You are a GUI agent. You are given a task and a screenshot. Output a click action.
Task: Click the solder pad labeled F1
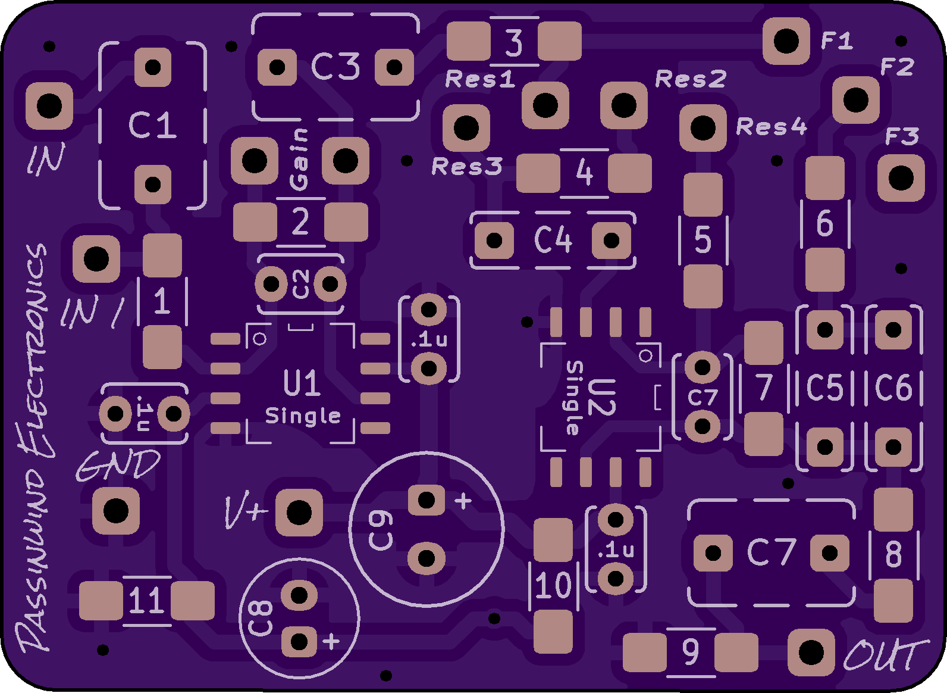(786, 41)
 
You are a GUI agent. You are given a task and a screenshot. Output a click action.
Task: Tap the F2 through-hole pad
(855, 100)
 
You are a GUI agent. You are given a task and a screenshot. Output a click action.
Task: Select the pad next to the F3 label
(901, 177)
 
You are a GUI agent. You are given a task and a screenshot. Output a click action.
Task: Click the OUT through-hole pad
(811, 652)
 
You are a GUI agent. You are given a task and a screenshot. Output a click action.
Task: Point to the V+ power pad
(299, 513)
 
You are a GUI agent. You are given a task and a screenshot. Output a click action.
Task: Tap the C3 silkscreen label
(335, 66)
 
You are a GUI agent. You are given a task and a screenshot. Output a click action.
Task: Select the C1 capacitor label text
(152, 124)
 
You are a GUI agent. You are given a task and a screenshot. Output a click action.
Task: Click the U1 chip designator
(302, 383)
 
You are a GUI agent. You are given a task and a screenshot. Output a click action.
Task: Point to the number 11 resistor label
(146, 600)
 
